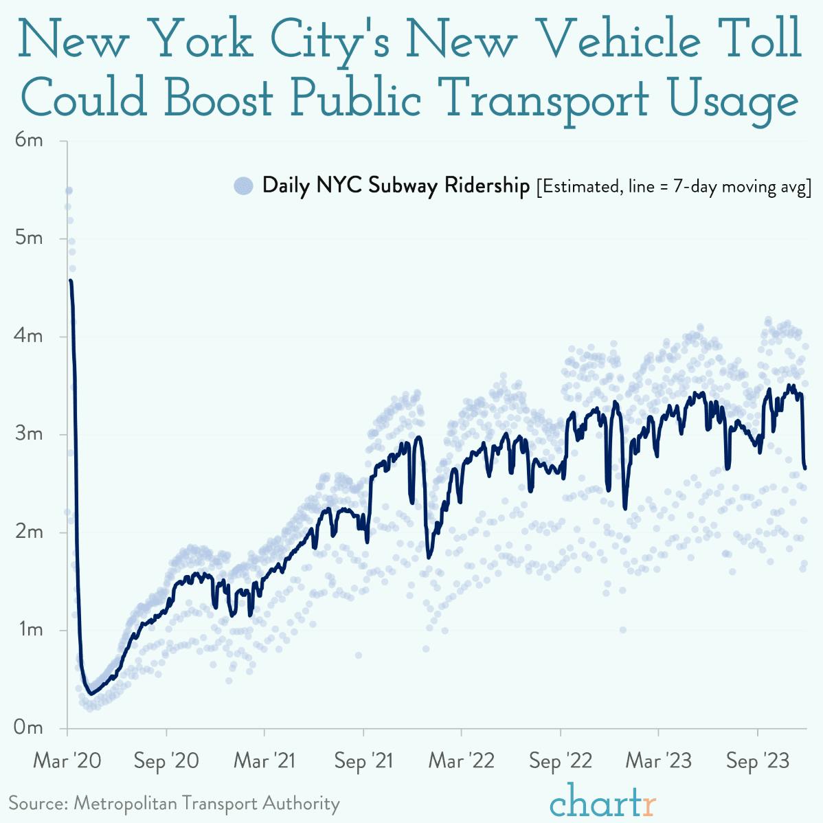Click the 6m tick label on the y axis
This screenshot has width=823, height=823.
click(x=29, y=141)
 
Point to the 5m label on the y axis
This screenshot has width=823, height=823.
click(x=29, y=238)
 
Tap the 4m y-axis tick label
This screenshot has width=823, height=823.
click(x=29, y=337)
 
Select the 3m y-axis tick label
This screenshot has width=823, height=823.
click(x=29, y=434)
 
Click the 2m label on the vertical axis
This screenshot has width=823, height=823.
click(x=29, y=532)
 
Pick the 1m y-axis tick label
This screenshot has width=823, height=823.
click(x=29, y=630)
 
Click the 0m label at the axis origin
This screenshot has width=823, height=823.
click(x=29, y=728)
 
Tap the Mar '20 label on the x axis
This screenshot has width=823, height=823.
click(x=67, y=761)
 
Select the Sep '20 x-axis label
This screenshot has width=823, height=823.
click(x=166, y=761)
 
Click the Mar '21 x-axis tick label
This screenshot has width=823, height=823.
click(x=264, y=761)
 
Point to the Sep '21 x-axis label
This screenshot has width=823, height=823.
click(x=364, y=761)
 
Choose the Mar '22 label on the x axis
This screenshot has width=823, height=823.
click(x=462, y=761)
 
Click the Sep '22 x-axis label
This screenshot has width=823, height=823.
click(x=561, y=761)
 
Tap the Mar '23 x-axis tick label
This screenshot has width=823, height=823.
click(x=658, y=761)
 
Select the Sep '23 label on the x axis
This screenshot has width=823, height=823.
click(x=757, y=761)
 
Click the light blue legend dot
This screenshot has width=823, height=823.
click(x=244, y=185)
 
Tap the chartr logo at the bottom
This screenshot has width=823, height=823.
click(x=603, y=802)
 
